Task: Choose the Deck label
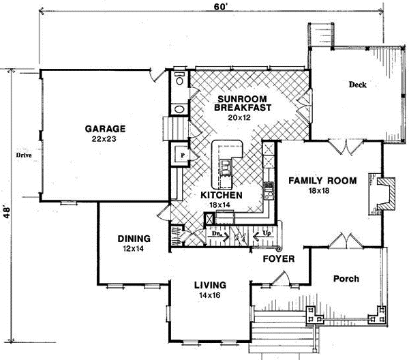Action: point(357,85)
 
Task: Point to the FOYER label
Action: point(279,259)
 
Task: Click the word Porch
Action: point(346,278)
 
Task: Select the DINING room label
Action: point(134,239)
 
